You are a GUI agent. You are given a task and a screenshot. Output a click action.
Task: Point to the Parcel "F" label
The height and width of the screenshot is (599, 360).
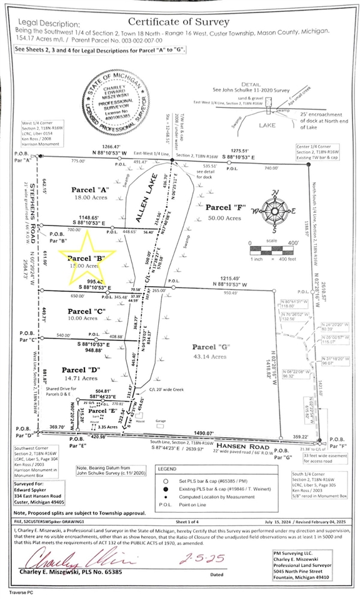click(x=224, y=207)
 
